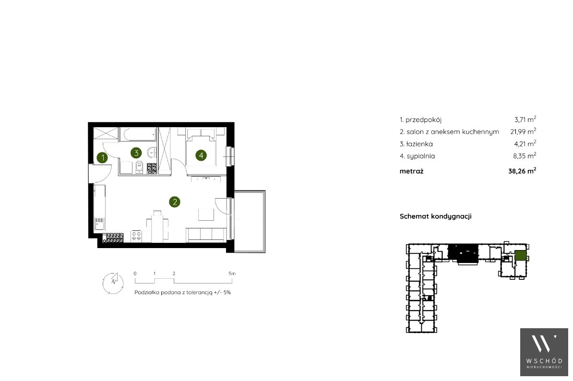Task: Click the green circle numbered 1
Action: (x=103, y=158)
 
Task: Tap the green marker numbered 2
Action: (x=175, y=202)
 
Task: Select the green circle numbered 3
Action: (x=136, y=153)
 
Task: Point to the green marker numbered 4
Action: (x=201, y=155)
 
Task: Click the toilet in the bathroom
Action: (x=139, y=167)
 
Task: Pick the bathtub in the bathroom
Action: (x=138, y=134)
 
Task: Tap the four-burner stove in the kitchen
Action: (x=137, y=236)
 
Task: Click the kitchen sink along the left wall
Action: (x=99, y=223)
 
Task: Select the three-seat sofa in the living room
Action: (x=206, y=234)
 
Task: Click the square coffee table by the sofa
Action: (x=206, y=214)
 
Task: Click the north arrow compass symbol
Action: (x=113, y=283)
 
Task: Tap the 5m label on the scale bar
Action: (x=232, y=273)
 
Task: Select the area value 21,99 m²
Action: (x=523, y=131)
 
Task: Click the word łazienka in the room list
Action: (x=420, y=144)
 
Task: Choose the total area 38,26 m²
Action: (x=522, y=171)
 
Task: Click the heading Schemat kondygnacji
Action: (x=436, y=216)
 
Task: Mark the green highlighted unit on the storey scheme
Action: (x=520, y=255)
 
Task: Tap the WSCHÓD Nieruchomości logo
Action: (x=544, y=352)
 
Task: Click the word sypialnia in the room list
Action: (x=420, y=156)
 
